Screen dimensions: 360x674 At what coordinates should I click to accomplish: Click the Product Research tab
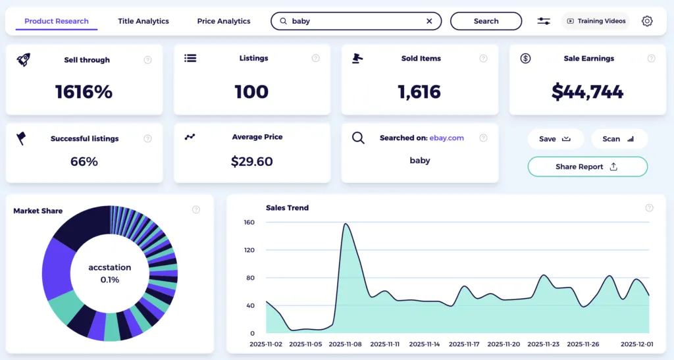tap(57, 21)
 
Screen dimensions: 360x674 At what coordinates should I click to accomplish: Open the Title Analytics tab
tap(143, 21)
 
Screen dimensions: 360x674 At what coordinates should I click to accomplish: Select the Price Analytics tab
tap(224, 21)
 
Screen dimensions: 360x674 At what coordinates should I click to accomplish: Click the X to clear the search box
tap(429, 21)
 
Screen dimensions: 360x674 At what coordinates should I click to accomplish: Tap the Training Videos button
tap(596, 21)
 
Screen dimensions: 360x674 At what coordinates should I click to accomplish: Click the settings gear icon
tap(647, 21)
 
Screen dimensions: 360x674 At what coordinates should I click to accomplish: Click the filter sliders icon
tap(544, 21)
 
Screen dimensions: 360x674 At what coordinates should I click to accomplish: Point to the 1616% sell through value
tap(84, 92)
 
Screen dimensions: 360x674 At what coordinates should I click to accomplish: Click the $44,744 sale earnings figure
tap(588, 92)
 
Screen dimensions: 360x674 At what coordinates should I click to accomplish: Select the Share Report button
tap(587, 167)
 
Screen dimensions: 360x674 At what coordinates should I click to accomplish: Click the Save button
tap(555, 139)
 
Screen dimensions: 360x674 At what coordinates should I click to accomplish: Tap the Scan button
tap(619, 139)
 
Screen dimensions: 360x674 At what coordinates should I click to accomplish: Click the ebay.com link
tap(446, 138)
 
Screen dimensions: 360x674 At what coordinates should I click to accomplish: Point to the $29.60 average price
tap(251, 161)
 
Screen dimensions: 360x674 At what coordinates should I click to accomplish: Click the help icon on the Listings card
tap(316, 59)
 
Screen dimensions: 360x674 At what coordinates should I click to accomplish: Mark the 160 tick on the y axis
tap(248, 222)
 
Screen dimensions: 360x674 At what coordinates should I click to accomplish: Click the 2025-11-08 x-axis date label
tap(346, 344)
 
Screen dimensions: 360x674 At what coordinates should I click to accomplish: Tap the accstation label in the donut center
tap(110, 268)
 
